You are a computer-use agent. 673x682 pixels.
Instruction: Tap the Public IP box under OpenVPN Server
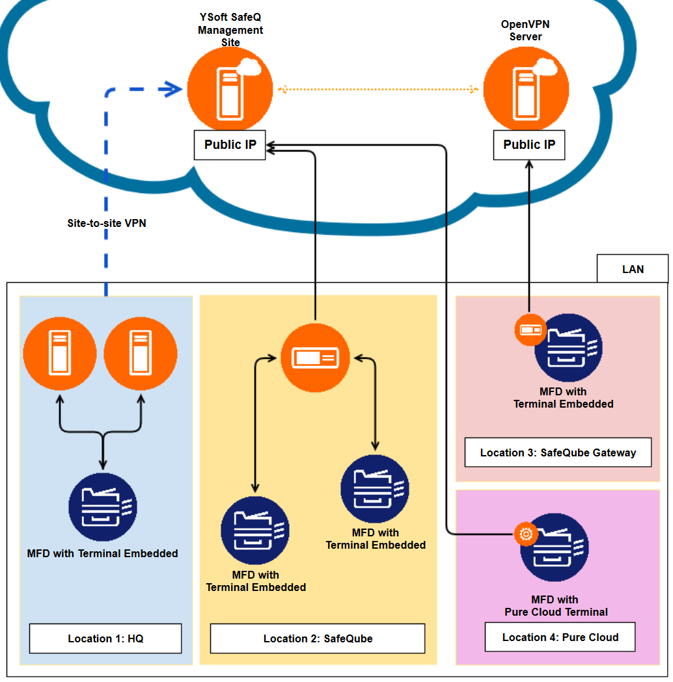pos(529,145)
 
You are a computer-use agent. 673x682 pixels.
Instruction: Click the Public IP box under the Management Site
pos(230,145)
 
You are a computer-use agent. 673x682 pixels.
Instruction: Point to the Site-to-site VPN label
pos(107,223)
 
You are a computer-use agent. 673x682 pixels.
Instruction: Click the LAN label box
pos(633,269)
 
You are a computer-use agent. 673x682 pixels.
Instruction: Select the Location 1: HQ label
pos(105,638)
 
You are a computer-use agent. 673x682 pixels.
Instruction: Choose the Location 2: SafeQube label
pos(318,638)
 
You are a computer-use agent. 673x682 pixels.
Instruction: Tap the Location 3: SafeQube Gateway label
pos(558,452)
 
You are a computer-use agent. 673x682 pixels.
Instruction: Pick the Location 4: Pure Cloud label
pos(560,637)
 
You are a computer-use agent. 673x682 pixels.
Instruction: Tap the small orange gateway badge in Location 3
pos(529,330)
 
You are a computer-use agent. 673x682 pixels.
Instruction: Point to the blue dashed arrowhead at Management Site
pos(173,90)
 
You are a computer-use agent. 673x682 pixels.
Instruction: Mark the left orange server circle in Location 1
pos(59,354)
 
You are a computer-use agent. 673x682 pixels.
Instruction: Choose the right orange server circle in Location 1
pos(140,354)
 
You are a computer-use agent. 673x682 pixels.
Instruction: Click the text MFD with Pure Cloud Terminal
pos(556,606)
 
